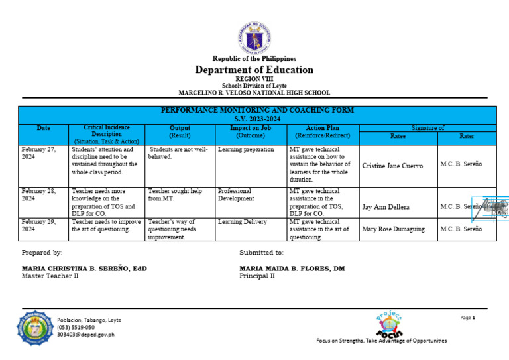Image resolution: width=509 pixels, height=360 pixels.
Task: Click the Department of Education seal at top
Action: [x=254, y=37]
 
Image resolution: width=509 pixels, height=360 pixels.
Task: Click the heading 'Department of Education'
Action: [x=254, y=70]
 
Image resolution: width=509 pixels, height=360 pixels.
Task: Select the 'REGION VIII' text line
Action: [x=254, y=79]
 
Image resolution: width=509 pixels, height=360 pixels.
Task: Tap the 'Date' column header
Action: [x=44, y=128]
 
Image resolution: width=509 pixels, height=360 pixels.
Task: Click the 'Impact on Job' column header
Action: [x=250, y=128]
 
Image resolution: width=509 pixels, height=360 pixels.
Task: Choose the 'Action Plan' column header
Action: [x=323, y=128]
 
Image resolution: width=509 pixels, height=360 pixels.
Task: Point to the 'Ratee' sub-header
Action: [x=398, y=136]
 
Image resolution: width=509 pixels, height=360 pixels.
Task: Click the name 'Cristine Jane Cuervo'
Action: [x=392, y=166]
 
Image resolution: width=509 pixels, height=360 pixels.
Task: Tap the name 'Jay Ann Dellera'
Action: [x=386, y=207]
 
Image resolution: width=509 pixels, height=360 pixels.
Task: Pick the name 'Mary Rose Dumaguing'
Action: [x=394, y=229]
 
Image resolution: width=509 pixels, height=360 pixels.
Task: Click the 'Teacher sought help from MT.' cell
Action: [x=174, y=194]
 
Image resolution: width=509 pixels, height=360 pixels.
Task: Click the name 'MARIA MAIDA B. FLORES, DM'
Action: [x=292, y=269]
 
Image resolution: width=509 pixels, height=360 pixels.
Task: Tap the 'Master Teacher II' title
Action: [x=50, y=276]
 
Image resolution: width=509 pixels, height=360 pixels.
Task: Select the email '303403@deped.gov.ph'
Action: [x=85, y=335]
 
